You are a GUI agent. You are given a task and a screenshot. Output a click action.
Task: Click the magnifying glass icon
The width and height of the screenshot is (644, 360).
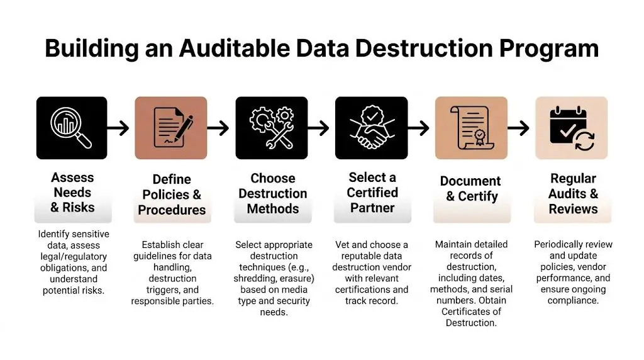tap(72, 128)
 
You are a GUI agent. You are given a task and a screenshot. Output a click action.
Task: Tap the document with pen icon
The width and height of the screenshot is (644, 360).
tap(171, 128)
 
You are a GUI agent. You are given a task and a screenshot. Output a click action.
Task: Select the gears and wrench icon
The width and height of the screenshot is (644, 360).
tap(271, 128)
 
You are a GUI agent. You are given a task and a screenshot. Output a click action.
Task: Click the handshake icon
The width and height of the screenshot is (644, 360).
tap(371, 128)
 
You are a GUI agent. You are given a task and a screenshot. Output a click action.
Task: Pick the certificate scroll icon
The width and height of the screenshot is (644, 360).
tap(471, 128)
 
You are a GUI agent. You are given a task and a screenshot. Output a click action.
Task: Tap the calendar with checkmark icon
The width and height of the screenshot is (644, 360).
tap(571, 128)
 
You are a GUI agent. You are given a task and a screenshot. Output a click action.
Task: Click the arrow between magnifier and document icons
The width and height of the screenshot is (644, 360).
tap(119, 128)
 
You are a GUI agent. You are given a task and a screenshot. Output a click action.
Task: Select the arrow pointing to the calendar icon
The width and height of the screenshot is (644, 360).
tap(518, 128)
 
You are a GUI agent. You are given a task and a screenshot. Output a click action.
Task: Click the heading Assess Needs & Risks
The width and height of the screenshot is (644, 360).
tap(72, 193)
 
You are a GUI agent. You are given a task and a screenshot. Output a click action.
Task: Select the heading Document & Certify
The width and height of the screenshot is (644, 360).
tap(470, 189)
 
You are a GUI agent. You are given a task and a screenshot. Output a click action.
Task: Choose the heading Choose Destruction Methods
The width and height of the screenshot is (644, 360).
tap(272, 193)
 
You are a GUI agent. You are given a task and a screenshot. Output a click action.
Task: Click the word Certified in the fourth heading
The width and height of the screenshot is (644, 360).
tap(372, 193)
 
